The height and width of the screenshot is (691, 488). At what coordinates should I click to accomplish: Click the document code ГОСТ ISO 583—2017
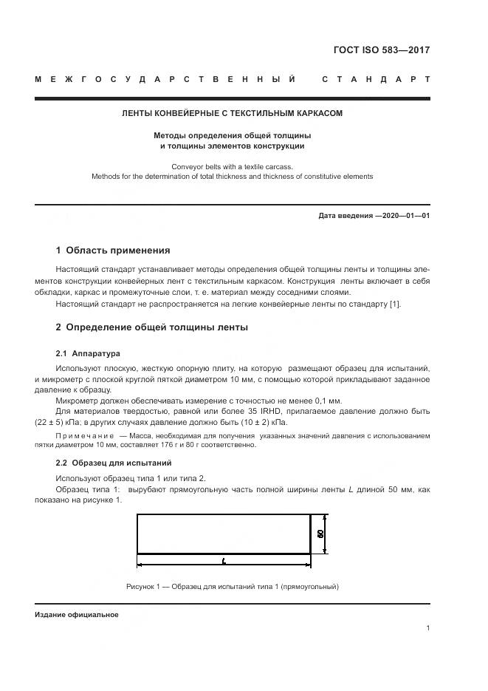(x=382, y=51)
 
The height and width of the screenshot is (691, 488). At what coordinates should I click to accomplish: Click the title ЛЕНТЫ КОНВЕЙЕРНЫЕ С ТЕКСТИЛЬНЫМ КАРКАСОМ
(x=232, y=114)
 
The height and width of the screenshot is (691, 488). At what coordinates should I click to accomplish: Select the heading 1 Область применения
(x=113, y=251)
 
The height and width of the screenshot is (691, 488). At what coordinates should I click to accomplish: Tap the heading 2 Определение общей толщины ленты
(x=152, y=327)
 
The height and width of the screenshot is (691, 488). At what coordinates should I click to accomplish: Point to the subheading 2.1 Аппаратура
(x=88, y=353)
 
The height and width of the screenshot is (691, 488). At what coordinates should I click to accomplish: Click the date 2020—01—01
(x=402, y=216)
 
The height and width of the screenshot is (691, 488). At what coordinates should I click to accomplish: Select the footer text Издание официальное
(x=77, y=614)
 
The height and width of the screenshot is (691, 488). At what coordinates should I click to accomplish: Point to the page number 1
(x=428, y=628)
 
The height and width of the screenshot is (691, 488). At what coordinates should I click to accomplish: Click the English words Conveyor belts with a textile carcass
(x=232, y=166)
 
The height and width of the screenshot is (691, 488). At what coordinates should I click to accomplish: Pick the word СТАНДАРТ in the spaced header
(x=376, y=79)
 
